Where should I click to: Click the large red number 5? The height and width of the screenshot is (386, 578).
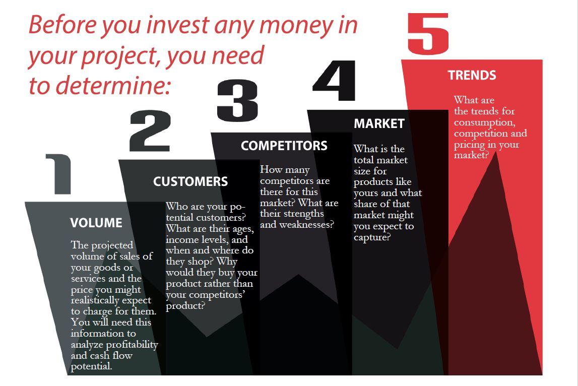pos(428,33)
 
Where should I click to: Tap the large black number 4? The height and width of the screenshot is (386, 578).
pos(334,80)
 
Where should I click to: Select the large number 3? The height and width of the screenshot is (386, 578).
pos(237,100)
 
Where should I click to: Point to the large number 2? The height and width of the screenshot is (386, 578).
pos(150,131)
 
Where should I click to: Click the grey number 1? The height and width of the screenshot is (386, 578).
pos(59,174)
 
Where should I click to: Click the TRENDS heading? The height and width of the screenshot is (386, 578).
pos(472,75)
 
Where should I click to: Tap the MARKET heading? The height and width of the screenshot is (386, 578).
pos(379,123)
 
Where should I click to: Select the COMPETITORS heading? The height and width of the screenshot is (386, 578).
pos(284,146)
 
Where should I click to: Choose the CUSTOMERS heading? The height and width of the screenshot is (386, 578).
pos(190,181)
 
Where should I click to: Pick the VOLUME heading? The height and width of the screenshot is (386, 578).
pos(96,223)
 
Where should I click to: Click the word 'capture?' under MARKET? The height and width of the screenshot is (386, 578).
pos(372,237)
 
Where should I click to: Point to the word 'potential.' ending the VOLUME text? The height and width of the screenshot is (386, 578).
pos(91,366)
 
